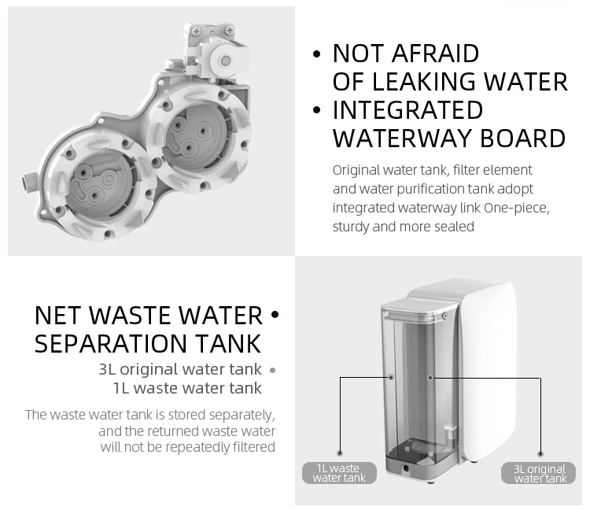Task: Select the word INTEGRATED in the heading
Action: (407, 110)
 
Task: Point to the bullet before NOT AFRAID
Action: (317, 55)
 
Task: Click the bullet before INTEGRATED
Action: (317, 111)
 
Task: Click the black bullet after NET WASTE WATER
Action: (275, 316)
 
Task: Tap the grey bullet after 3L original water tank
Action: (272, 370)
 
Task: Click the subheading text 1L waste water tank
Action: (187, 388)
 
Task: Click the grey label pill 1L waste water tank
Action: (339, 473)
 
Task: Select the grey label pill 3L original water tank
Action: (540, 473)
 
